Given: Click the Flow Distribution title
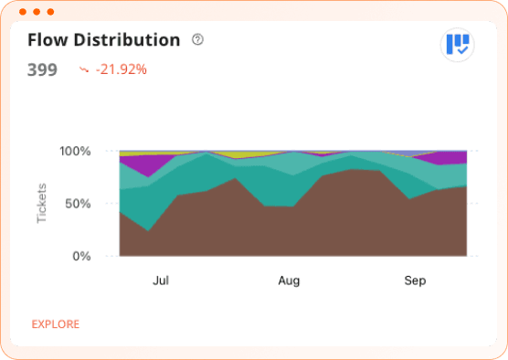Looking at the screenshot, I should (103, 40).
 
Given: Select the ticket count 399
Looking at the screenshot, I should (42, 69).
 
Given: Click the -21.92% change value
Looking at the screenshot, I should (122, 69).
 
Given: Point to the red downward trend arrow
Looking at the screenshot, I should (84, 69).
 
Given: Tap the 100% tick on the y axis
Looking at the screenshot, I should (75, 151).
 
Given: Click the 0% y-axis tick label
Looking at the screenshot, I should (82, 256).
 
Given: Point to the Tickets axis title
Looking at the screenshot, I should (42, 203).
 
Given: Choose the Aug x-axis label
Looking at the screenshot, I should (289, 281).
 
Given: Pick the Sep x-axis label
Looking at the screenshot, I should (415, 281).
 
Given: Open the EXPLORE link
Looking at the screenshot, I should (56, 324).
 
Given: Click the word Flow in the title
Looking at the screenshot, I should (46, 40).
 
